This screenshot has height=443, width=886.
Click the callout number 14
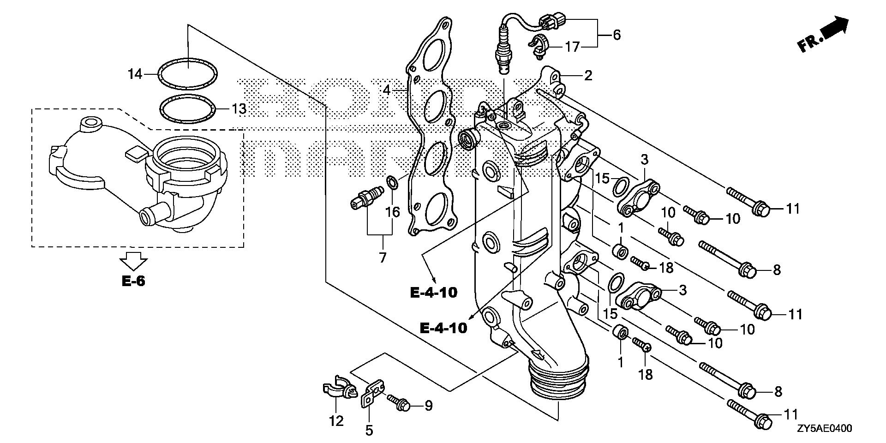135,74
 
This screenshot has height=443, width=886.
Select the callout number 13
239,109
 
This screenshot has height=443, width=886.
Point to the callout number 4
386,90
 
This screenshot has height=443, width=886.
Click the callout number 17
572,47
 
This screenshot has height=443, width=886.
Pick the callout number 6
617,35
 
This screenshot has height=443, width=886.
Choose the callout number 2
587,76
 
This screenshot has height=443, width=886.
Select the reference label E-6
133,281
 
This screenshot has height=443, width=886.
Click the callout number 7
383,257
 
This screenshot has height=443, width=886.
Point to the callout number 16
393,212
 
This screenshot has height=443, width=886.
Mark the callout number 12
336,421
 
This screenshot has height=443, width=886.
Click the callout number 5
369,431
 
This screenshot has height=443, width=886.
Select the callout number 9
428,406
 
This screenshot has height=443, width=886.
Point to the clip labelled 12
338,390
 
